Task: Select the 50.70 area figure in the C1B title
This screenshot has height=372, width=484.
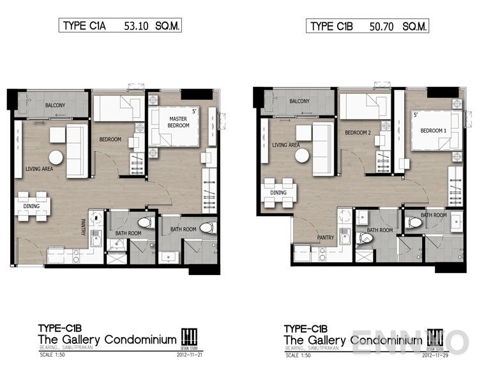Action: click(381, 26)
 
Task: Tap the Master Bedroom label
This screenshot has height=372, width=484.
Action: click(178, 122)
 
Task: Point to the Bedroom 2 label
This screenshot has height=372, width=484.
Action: click(358, 133)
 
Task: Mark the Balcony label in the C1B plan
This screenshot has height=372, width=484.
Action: click(299, 101)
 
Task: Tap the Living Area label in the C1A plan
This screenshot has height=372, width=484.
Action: click(39, 169)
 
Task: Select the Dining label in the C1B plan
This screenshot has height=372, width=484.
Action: click(278, 192)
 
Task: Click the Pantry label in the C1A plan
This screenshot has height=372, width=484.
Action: click(83, 228)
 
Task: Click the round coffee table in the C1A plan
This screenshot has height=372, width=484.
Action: click(56, 157)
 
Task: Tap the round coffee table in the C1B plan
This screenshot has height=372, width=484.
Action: click(302, 155)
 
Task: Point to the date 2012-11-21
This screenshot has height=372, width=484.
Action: click(190, 354)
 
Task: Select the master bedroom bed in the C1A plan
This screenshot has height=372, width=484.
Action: click(174, 127)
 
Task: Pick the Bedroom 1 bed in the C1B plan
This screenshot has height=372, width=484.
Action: click(434, 131)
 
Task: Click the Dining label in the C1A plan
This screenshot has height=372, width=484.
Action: click(31, 206)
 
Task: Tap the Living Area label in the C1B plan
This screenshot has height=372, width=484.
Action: click(286, 145)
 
